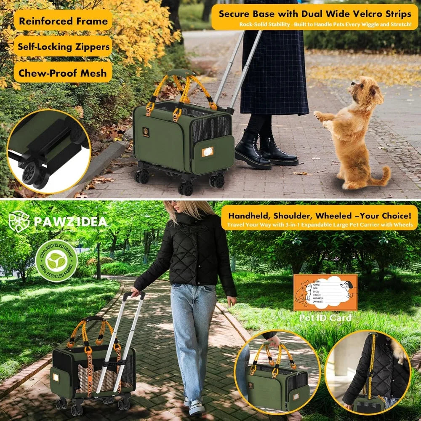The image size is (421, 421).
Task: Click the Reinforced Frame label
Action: click(63, 20)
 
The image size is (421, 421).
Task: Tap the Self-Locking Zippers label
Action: click(63, 46)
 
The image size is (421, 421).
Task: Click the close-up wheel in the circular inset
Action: click(30, 173)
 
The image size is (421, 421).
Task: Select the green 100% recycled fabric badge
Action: click(56, 260)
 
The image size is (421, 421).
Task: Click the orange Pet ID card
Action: click(325, 293)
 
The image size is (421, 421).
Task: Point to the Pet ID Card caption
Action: click(325, 318)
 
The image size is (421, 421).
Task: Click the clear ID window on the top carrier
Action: click(208, 152)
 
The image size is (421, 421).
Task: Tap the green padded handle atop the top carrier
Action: click(182, 72)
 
